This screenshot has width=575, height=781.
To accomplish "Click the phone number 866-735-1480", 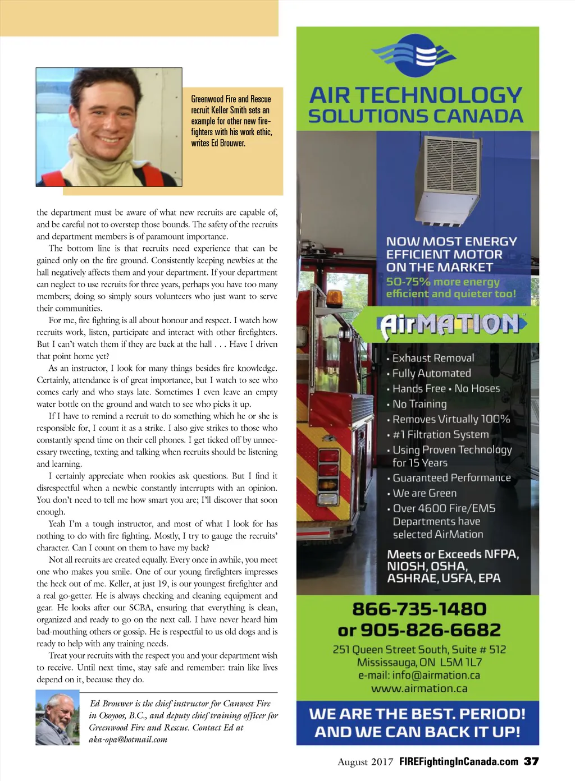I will (x=419, y=609).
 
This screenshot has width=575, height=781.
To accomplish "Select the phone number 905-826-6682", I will (x=430, y=630).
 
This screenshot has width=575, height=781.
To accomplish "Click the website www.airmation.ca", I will (x=419, y=688).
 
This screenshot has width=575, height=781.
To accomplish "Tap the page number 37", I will (x=531, y=761).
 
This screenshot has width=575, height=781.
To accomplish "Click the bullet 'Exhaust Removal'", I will (x=433, y=358).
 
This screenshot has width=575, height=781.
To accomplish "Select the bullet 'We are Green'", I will (x=425, y=493).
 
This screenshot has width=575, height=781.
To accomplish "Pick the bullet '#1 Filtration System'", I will (x=440, y=434).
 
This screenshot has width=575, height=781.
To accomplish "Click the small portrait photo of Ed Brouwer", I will (x=57, y=718).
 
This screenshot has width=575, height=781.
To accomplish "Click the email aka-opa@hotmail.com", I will (x=128, y=739).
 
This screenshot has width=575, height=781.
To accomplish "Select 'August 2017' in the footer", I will (x=365, y=762).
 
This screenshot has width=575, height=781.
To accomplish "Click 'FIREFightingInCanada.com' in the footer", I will (x=458, y=762).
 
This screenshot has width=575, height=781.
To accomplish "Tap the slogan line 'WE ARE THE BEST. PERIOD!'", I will (x=417, y=714).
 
